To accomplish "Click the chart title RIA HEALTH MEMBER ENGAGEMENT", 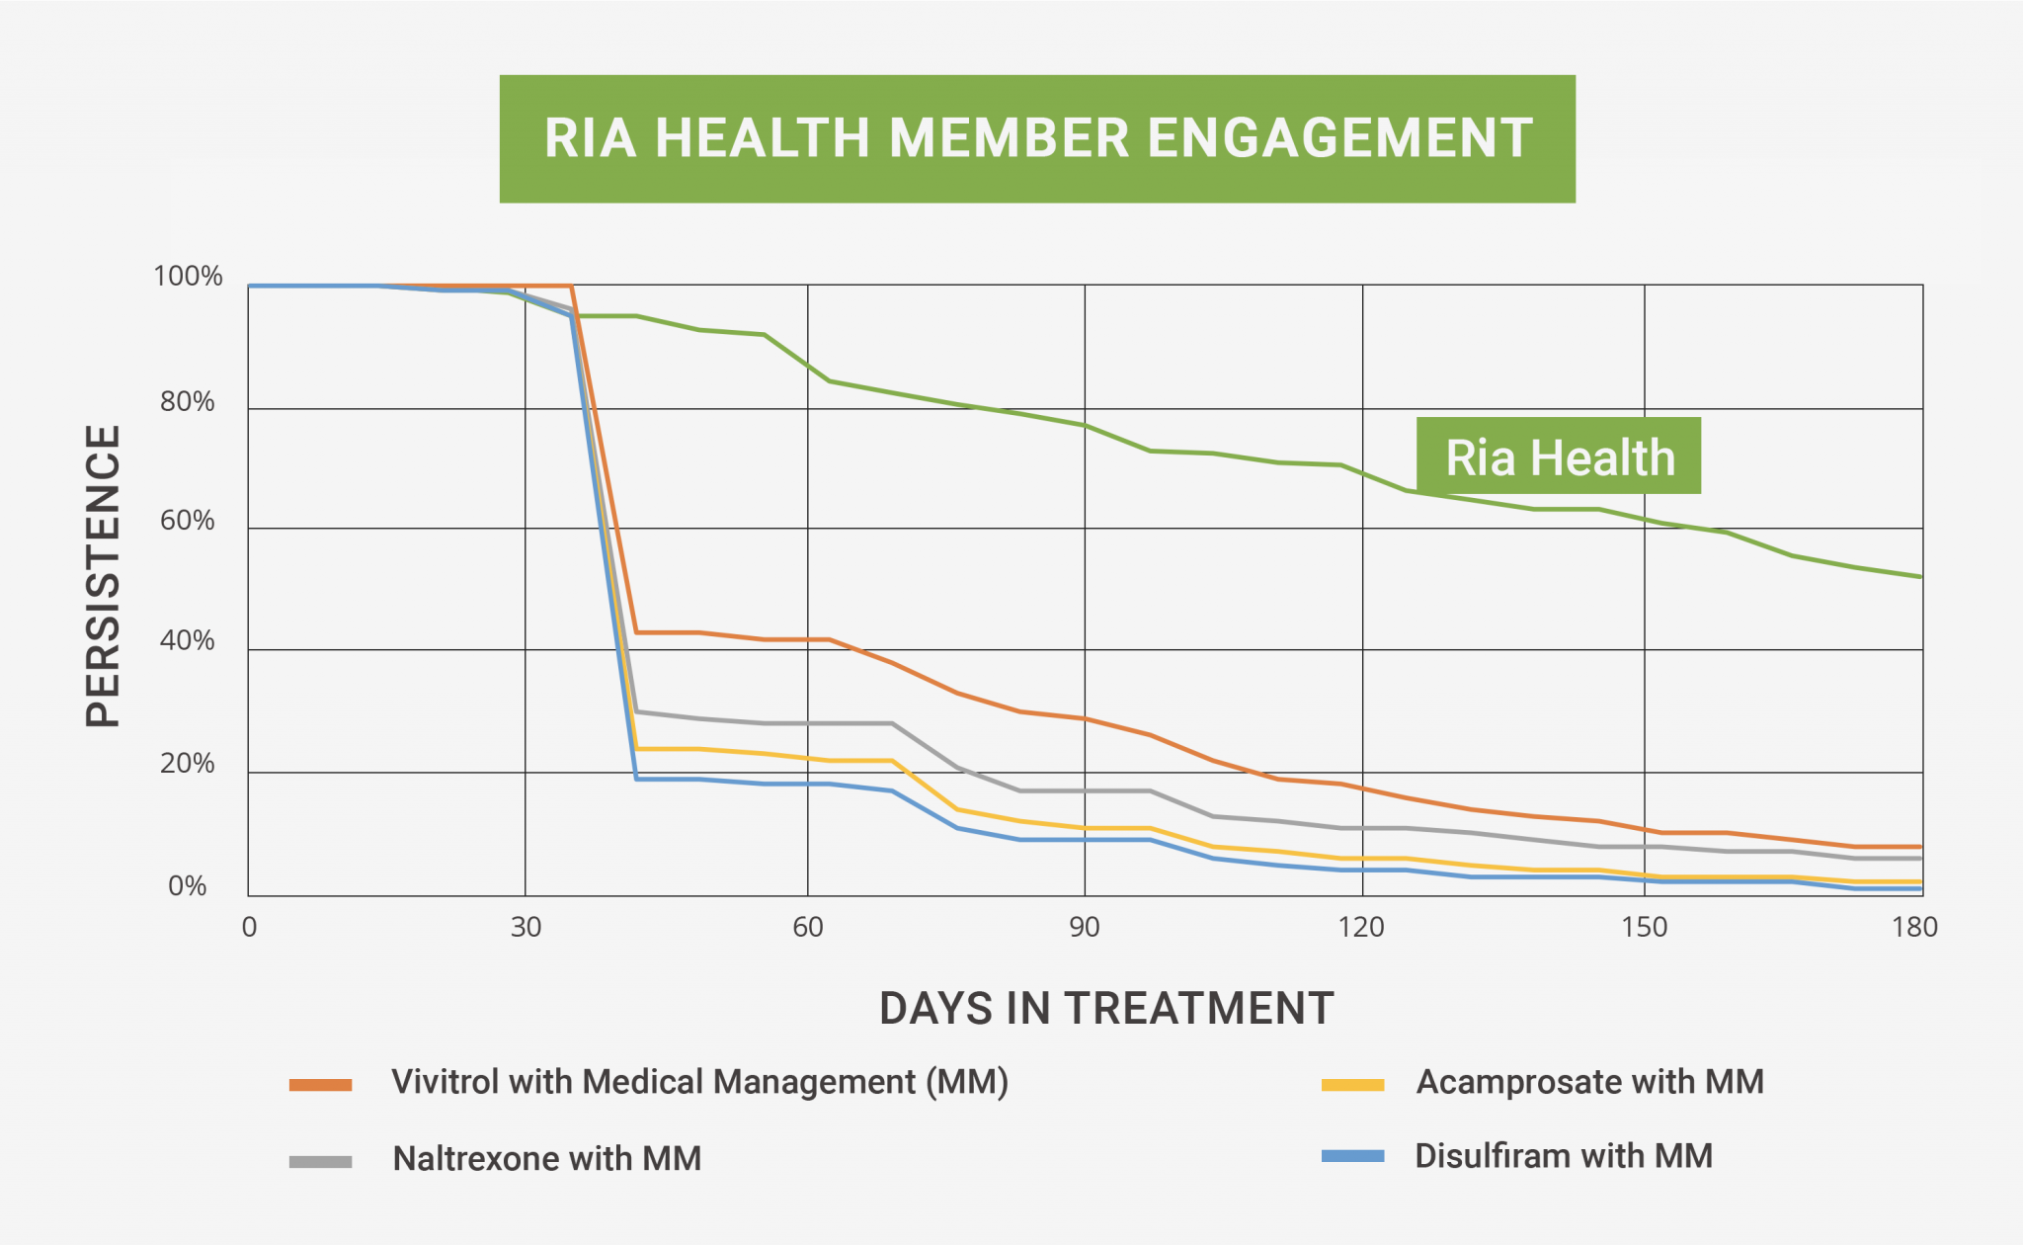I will point(1037,138).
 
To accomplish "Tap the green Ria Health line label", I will point(1559,456).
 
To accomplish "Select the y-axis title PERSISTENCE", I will point(103,576).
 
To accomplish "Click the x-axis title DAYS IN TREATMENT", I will point(1106,1009).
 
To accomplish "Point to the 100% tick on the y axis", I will point(188,277).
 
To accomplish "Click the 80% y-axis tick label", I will point(188,402).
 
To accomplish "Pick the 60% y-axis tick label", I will point(188,521).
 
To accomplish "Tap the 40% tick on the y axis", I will point(188,641).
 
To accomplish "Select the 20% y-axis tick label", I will point(188,764).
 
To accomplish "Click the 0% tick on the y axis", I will point(188,886).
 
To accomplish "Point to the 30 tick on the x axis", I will point(526,927).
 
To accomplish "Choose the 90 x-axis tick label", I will point(1084,927).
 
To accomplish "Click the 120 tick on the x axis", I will point(1361,927).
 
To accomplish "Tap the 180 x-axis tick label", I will point(1914,927).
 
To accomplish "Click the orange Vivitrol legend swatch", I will point(320,1085).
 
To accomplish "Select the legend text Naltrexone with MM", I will point(547,1158).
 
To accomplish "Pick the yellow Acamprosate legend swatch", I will point(1352,1085).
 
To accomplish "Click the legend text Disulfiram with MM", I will point(1564,1156).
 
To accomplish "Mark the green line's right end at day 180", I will point(1920,576).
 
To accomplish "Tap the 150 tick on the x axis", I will point(1644,927).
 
